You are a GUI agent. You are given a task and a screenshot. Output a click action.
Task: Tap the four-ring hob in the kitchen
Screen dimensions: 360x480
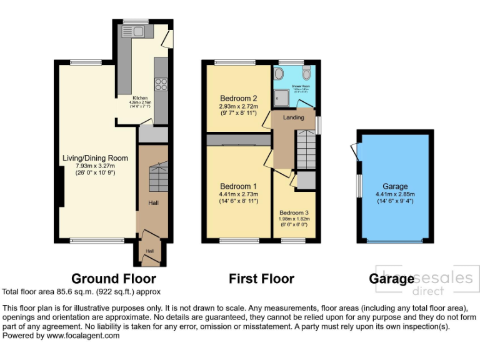(x=160, y=84)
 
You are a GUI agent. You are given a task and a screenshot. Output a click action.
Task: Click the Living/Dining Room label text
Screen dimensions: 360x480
(x=96, y=158)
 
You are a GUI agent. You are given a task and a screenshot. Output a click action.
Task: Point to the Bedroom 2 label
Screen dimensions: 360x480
(x=238, y=99)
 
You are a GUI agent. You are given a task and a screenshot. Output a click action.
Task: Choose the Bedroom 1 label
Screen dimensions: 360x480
(x=238, y=186)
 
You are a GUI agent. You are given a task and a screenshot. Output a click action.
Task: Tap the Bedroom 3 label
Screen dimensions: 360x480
(x=293, y=213)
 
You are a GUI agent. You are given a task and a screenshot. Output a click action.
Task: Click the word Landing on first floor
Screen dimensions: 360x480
(x=293, y=117)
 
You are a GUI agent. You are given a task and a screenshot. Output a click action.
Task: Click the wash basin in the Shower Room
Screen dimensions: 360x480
(x=279, y=74)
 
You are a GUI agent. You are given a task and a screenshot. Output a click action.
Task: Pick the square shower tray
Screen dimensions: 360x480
(x=281, y=98)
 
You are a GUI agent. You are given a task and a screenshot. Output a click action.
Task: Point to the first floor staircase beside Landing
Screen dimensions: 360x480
(x=306, y=149)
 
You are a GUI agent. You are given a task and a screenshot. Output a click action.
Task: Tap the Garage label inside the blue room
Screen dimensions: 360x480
(x=395, y=186)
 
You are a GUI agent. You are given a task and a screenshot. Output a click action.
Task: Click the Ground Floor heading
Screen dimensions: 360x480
(x=113, y=279)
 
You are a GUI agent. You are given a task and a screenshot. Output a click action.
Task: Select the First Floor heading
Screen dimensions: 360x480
(x=261, y=279)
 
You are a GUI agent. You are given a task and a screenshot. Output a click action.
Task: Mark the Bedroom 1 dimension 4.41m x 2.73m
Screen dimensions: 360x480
(x=238, y=194)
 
